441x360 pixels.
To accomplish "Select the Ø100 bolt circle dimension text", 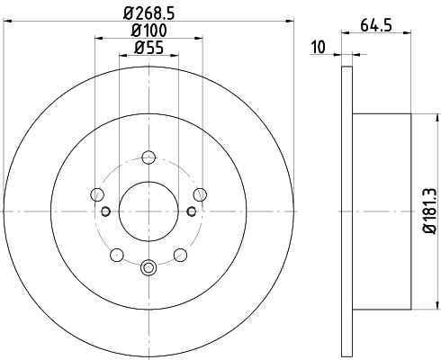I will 148,32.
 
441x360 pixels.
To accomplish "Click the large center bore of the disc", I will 148,211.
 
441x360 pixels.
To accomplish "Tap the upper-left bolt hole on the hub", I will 97,193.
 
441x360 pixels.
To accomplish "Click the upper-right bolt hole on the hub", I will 200,193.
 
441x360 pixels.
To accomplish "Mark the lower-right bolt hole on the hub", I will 180,254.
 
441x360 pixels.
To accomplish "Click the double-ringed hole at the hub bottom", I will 148,266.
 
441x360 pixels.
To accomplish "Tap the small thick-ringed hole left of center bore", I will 106,211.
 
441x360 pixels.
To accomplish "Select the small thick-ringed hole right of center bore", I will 191,211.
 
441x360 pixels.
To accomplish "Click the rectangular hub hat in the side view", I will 382,211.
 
